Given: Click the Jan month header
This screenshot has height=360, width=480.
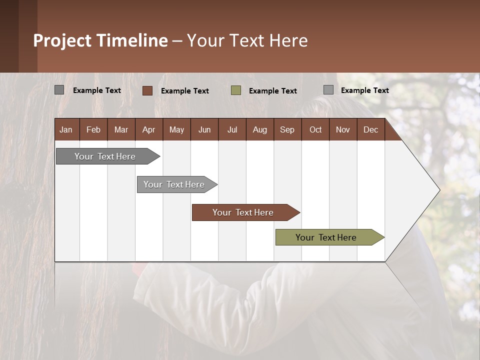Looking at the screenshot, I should (66, 130).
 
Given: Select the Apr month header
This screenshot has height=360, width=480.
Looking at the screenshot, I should (149, 130).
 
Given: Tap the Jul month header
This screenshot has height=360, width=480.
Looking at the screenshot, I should (232, 130).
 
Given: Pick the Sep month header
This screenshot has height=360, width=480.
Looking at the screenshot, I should (287, 130).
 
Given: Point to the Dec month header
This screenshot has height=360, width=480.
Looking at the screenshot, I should (371, 130).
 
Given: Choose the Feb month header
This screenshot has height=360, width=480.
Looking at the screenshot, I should (93, 130).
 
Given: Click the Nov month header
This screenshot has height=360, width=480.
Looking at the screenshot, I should (343, 130).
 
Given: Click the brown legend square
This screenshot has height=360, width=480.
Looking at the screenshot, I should (147, 90).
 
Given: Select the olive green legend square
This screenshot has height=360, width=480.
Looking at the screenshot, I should (236, 90).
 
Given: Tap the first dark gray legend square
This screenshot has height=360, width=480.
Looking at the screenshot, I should (59, 90).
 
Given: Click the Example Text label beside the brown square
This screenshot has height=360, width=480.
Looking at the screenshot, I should (185, 91).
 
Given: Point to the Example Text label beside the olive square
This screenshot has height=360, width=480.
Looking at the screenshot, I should (273, 91).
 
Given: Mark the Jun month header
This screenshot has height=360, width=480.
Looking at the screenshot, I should (204, 130).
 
